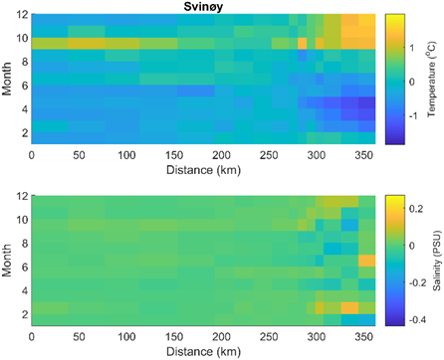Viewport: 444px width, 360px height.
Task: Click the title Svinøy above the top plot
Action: (204, 7)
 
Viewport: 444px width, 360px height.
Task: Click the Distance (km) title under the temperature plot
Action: (203, 169)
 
